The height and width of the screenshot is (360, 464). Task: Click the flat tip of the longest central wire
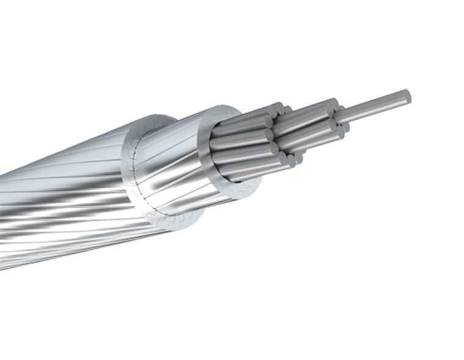click(x=405, y=96)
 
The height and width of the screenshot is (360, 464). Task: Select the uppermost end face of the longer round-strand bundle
click(x=333, y=103)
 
